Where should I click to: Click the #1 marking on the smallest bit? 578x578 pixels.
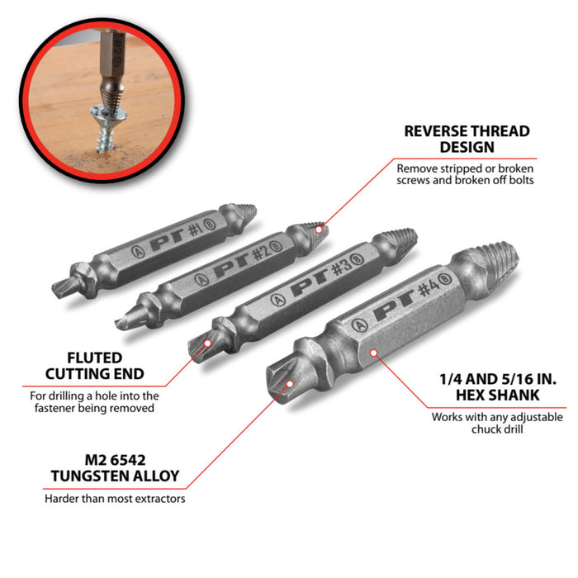(196, 230)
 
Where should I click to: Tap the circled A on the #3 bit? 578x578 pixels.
(277, 300)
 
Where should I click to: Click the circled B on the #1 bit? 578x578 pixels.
(210, 224)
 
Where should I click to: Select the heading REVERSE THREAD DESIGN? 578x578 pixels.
(467, 139)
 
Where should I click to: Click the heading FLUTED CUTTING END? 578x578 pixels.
(94, 366)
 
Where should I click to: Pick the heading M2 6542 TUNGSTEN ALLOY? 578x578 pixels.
(115, 468)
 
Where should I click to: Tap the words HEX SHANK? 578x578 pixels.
(498, 395)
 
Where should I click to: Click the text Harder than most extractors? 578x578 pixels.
(115, 499)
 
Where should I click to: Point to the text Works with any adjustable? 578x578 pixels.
(497, 417)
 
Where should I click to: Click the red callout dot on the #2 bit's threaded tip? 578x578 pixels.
(319, 230)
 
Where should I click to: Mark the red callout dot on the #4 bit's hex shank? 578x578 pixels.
(373, 353)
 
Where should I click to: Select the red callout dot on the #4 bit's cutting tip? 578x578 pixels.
(290, 384)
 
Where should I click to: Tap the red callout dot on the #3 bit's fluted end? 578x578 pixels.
(207, 343)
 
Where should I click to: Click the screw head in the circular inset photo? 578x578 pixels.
(109, 114)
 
